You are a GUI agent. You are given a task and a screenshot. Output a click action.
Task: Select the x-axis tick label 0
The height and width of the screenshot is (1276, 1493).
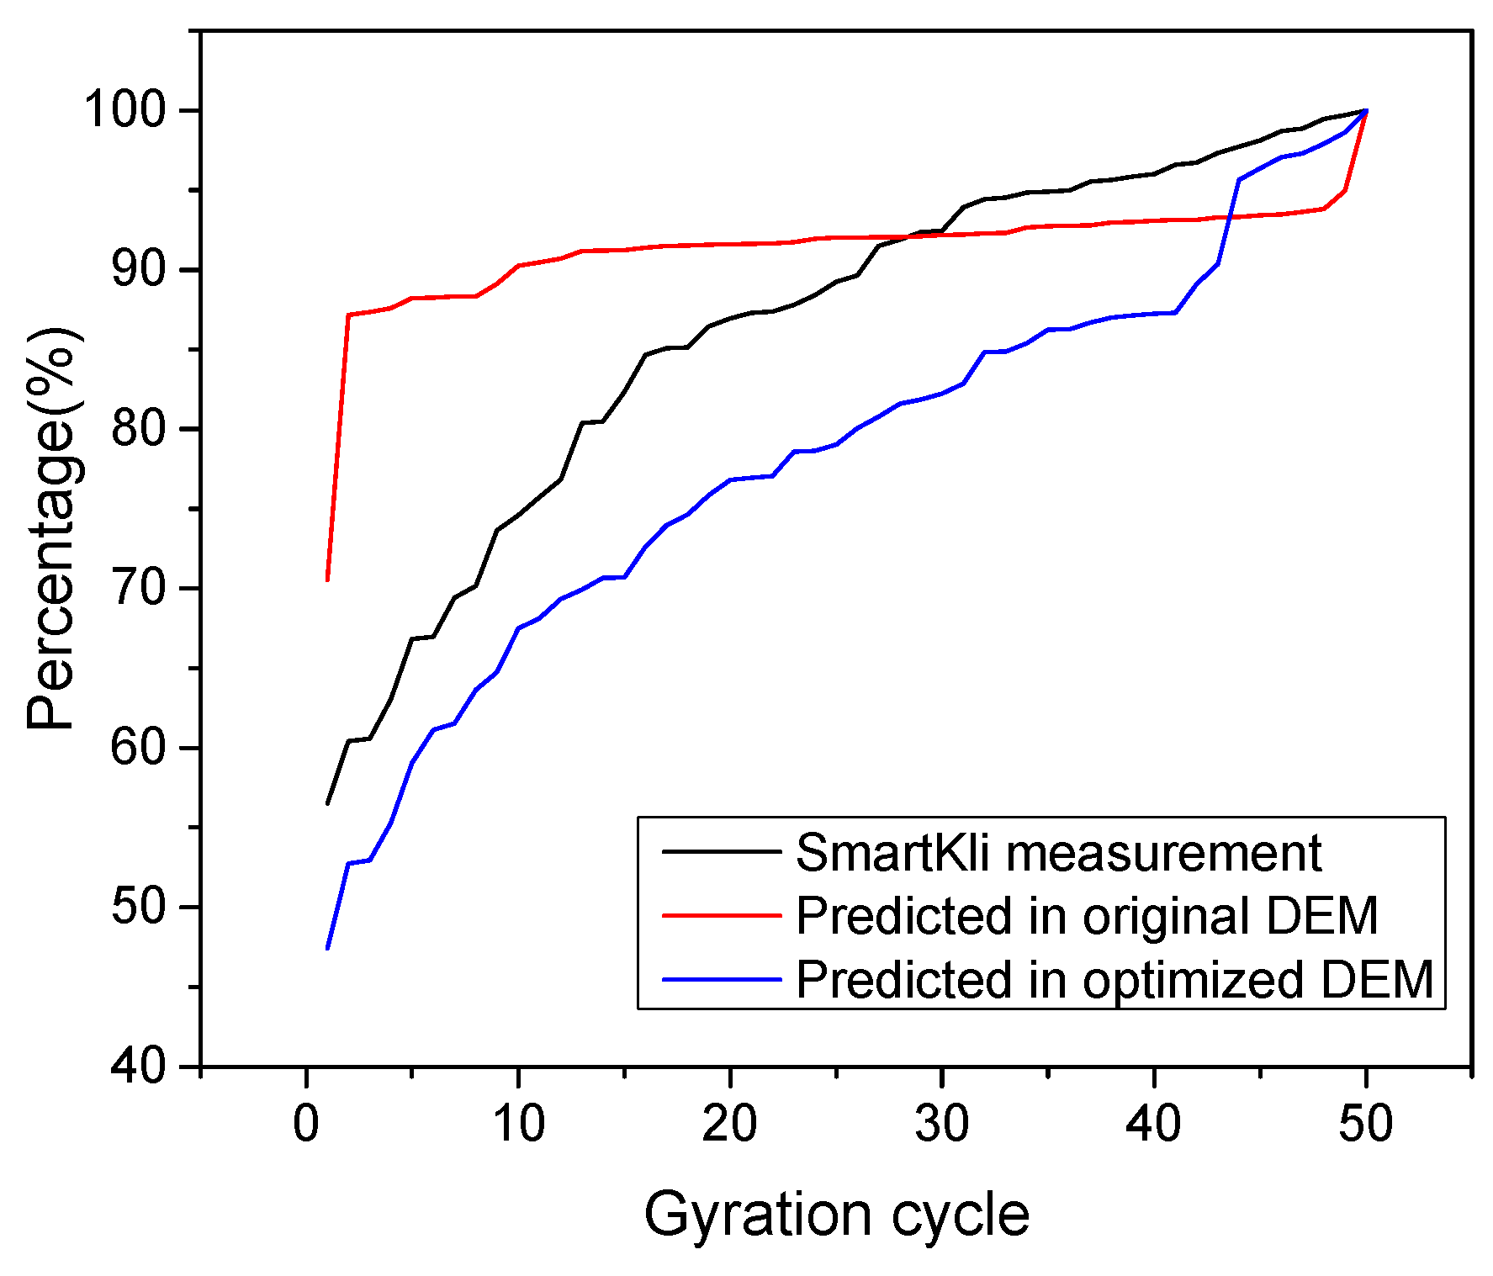coord(306,1123)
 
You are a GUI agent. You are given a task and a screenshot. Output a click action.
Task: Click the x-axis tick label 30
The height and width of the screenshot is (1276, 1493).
coord(942,1123)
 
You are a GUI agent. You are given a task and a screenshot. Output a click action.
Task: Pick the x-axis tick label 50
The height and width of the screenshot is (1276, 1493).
coord(1366,1123)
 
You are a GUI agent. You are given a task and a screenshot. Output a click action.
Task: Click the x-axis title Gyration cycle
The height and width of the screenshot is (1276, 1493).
coord(836,1215)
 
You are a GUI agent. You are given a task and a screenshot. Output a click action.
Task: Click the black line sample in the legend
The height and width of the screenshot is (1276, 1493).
coord(721,851)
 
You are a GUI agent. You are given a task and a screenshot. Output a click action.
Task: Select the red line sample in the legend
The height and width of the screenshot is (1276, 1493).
coord(721,915)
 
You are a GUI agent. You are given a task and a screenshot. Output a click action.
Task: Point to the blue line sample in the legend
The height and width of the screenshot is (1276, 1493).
coord(721,979)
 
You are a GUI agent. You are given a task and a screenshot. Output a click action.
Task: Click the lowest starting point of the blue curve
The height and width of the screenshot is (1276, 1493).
coord(327,949)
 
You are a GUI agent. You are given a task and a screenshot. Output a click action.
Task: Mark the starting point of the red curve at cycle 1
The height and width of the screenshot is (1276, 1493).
coord(327,580)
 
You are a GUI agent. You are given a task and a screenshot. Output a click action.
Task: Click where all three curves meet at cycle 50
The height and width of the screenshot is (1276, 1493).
coord(1366,110)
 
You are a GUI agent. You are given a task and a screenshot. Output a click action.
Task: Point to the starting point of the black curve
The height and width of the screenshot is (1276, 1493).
coord(327,804)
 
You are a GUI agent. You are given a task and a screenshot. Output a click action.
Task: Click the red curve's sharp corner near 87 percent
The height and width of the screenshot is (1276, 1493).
coord(348,315)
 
